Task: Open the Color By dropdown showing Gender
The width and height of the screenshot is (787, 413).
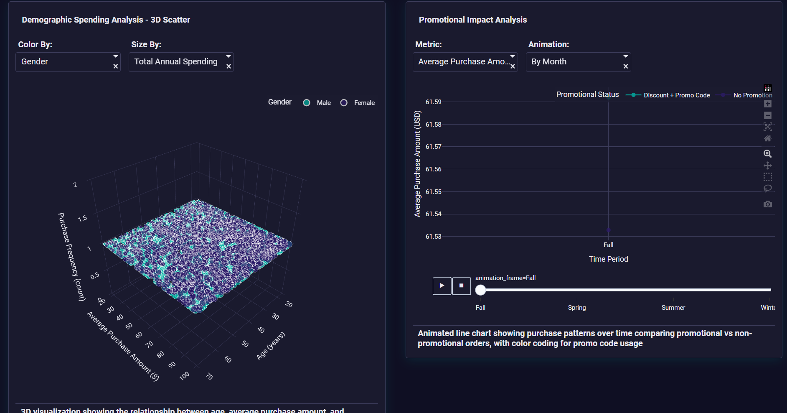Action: point(63,62)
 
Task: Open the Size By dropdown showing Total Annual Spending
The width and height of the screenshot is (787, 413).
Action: point(176,62)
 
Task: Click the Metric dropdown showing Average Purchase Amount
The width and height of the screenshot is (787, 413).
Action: point(461,62)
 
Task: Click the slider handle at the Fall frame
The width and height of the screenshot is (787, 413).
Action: point(481,290)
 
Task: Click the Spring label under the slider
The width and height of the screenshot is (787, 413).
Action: point(577,308)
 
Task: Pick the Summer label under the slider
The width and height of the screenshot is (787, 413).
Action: point(673,308)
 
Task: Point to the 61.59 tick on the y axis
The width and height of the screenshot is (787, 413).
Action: point(433,102)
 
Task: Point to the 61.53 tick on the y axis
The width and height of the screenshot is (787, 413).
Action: point(433,237)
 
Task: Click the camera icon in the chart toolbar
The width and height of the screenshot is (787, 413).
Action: point(768,204)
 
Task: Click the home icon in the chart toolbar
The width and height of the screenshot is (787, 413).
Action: point(768,138)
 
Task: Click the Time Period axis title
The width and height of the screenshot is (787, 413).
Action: point(608,259)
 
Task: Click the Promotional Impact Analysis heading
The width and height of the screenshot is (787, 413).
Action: point(472,20)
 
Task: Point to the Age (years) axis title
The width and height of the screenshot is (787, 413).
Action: point(271,346)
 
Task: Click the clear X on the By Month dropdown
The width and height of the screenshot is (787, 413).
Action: point(626,66)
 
